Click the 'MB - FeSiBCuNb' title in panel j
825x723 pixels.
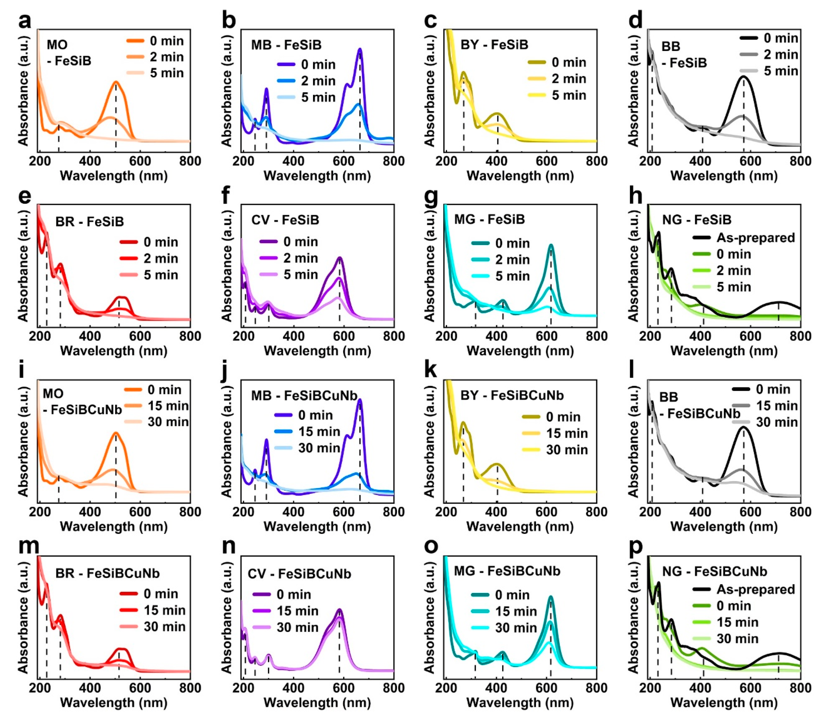(x=304, y=396)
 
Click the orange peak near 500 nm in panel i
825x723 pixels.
(x=116, y=434)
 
